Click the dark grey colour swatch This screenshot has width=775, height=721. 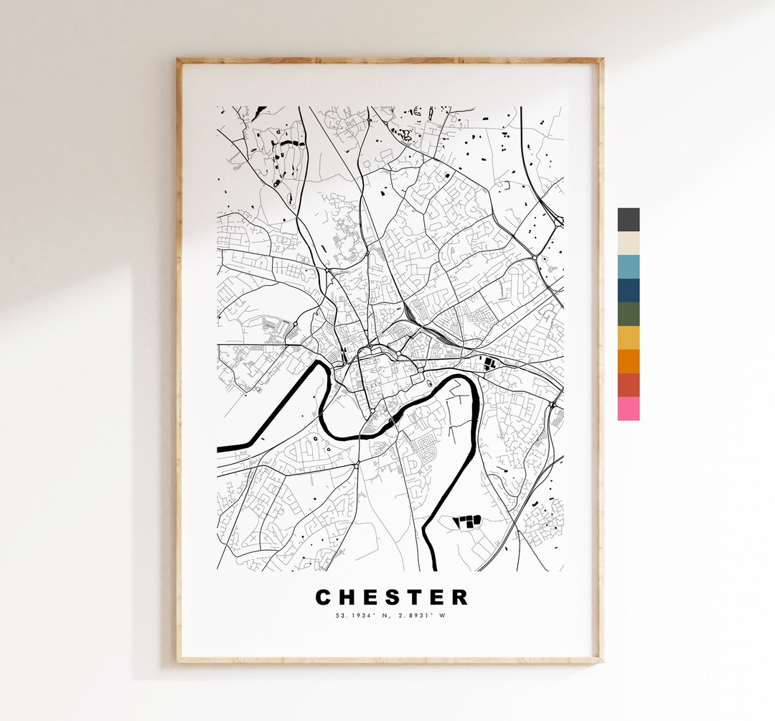[629, 220]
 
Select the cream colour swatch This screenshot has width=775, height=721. [629, 243]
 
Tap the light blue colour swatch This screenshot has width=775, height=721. [629, 267]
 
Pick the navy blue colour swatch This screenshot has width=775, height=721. [629, 291]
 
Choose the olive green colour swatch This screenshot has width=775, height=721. [629, 315]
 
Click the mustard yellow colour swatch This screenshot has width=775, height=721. [629, 338]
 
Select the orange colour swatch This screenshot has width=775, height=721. [629, 361]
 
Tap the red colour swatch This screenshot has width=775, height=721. [629, 385]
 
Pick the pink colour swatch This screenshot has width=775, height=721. [629, 409]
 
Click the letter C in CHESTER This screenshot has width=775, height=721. [324, 597]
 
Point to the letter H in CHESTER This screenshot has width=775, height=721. [348, 597]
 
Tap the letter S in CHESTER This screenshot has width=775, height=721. [393, 597]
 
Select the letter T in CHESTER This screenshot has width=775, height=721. [415, 597]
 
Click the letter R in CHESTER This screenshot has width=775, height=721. [459, 597]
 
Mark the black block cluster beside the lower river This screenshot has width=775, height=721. [466, 521]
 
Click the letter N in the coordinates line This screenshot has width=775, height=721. [380, 615]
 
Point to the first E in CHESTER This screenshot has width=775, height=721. [371, 597]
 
